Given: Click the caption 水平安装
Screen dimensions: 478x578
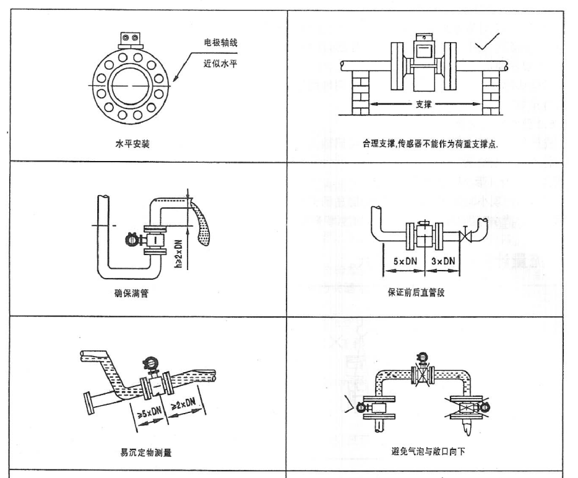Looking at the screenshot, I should point(129,144).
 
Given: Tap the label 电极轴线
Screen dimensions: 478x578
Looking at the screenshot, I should point(222,43).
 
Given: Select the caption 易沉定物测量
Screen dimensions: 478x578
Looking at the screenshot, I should point(145,451).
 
